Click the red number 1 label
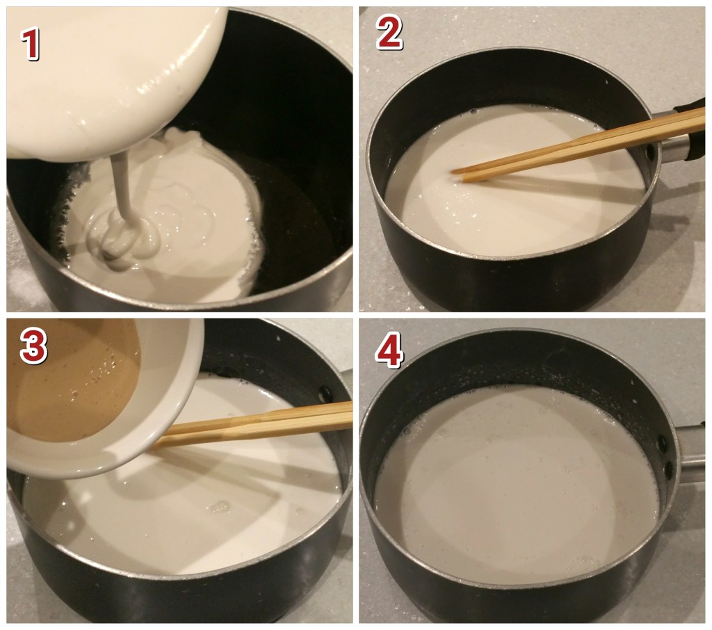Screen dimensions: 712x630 [x=31, y=44]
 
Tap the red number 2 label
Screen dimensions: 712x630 [x=389, y=32]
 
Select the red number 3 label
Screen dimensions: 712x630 [x=33, y=346]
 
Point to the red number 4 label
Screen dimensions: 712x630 [x=389, y=349]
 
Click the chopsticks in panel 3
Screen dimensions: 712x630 [x=254, y=424]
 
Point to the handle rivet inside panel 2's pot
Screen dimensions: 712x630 [x=651, y=152]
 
